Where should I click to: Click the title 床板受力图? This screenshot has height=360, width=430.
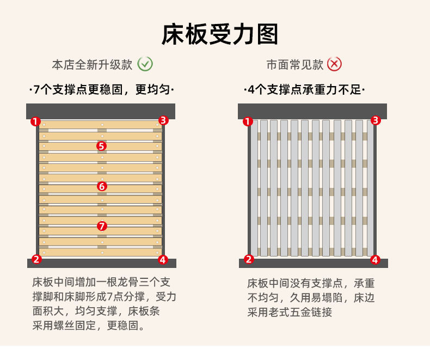click(x=220, y=34)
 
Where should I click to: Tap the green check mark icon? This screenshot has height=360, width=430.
click(x=145, y=64)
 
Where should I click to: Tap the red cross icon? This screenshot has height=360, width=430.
click(x=334, y=64)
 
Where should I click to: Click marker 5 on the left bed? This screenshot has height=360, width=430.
click(x=102, y=145)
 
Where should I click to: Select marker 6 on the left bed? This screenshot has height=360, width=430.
click(x=102, y=186)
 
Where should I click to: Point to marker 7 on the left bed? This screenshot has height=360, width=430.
click(x=102, y=226)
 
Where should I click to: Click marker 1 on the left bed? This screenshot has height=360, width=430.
click(x=35, y=121)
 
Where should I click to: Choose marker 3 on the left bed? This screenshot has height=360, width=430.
click(x=163, y=120)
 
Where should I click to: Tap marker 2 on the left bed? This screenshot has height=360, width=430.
click(x=36, y=259)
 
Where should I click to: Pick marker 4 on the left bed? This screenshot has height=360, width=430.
click(x=163, y=259)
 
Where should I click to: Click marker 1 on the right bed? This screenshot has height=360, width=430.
click(x=248, y=121)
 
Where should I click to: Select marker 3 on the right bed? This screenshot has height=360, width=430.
click(x=375, y=120)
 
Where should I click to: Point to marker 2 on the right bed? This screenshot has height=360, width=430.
click(x=249, y=259)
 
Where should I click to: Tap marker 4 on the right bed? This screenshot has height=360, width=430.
click(x=374, y=259)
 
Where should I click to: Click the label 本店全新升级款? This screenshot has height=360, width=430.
click(x=92, y=65)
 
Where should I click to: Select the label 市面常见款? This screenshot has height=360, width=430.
click(x=294, y=65)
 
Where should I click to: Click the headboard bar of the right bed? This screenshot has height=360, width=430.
click(x=312, y=111)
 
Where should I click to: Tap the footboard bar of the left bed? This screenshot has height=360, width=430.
click(x=101, y=263)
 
